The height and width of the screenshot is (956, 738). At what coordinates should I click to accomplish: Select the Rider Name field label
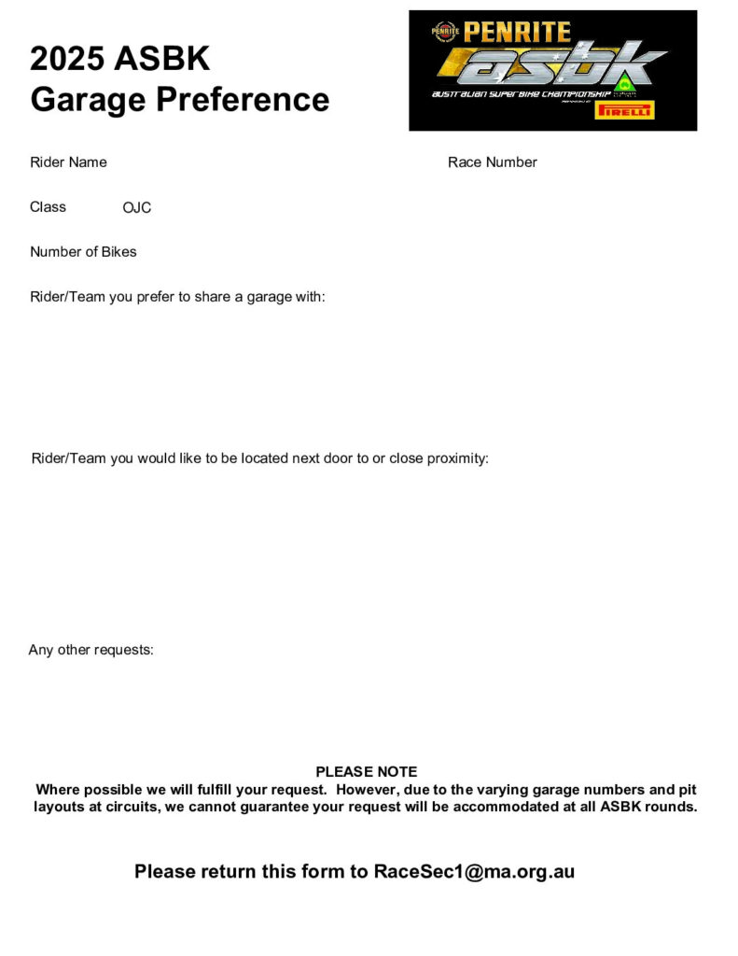click(68, 162)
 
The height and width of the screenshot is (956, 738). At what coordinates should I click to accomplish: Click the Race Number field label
click(492, 162)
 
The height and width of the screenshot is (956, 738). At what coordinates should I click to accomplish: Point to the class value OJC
click(137, 208)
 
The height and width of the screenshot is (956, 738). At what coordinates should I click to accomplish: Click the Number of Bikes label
click(83, 252)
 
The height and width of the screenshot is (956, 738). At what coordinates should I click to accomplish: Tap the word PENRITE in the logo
click(517, 32)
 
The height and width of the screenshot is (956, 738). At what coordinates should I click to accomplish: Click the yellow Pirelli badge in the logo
click(624, 110)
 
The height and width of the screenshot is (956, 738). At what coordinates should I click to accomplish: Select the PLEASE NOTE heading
click(367, 772)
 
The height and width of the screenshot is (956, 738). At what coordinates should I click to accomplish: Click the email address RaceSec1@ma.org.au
click(474, 872)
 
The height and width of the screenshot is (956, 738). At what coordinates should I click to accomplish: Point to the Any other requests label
click(91, 650)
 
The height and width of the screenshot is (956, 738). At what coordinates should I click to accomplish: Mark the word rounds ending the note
click(672, 808)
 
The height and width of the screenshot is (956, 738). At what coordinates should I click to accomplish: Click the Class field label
click(48, 207)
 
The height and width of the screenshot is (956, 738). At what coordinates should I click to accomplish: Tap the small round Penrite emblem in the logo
click(445, 32)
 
